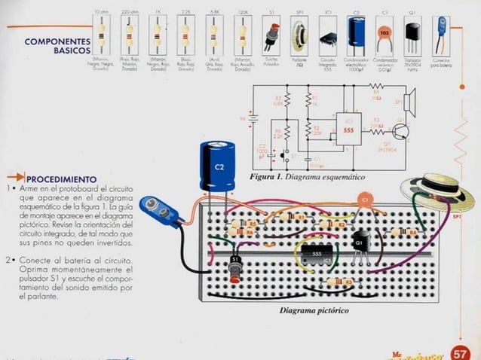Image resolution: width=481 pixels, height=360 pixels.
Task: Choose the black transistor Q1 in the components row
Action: [x=412, y=34]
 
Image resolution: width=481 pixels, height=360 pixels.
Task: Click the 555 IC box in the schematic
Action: [x=348, y=130]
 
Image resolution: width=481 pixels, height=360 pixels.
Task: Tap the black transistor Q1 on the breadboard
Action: [x=360, y=245]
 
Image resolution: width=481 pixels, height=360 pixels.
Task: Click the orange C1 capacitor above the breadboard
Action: [x=364, y=200]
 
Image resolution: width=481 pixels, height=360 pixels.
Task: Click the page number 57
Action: [x=459, y=353]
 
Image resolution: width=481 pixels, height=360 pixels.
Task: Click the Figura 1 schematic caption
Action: [x=307, y=176]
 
